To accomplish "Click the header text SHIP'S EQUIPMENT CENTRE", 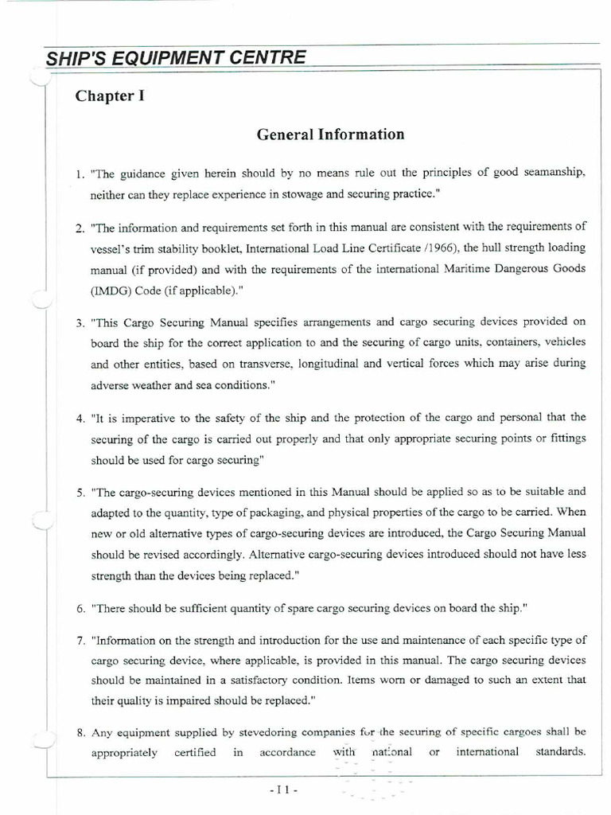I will coord(175,58).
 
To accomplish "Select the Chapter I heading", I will coord(110,96).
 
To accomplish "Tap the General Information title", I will coord(330,135).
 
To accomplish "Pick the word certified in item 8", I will coord(196,753).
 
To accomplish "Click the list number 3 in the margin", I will coord(80,322).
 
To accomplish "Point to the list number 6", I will coord(80,609).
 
